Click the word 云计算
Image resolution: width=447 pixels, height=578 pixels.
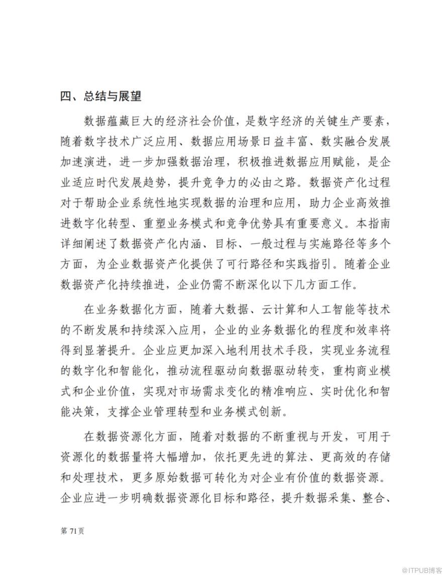tap(280, 308)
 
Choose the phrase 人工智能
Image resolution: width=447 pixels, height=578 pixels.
tap(338, 308)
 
